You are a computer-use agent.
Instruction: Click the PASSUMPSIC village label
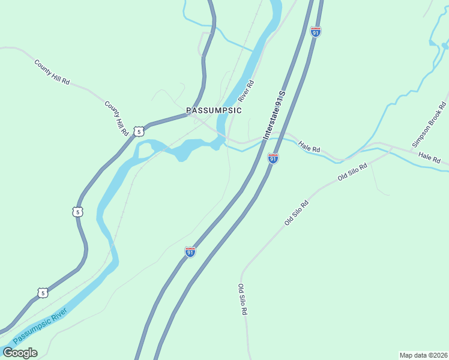tap(214, 110)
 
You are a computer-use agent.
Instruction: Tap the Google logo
tap(20, 352)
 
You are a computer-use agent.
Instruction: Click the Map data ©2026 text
tap(423, 355)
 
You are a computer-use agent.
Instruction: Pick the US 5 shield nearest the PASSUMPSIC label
tap(139, 131)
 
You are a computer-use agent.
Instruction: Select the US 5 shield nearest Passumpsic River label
tap(41, 293)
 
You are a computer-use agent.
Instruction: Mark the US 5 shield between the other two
tap(77, 212)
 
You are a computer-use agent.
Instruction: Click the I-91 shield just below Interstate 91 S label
tap(273, 158)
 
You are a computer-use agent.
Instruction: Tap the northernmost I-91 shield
tap(316, 31)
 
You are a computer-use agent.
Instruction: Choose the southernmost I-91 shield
tap(190, 251)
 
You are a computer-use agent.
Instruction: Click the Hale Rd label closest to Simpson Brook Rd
tap(429, 158)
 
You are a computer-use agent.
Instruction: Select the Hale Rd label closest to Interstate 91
tap(309, 148)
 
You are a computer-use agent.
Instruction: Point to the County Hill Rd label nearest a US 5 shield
tap(116, 118)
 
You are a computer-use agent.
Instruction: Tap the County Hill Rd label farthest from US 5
tap(52, 71)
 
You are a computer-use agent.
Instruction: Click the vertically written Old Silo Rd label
tap(243, 299)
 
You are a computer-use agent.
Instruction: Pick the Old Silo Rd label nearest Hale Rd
tap(352, 172)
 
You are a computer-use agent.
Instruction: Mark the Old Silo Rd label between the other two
tap(297, 212)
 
